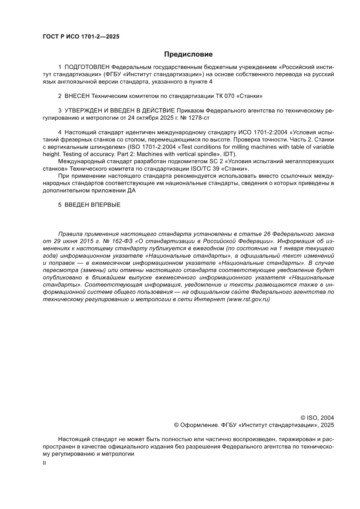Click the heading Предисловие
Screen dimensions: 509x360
(188, 54)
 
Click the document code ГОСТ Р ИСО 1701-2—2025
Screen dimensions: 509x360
(81, 37)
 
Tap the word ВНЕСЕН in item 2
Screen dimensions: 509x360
(77, 96)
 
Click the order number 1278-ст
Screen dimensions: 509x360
(202, 118)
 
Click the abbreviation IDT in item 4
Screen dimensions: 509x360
(228, 154)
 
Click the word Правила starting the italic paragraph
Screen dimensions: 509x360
(69, 233)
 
